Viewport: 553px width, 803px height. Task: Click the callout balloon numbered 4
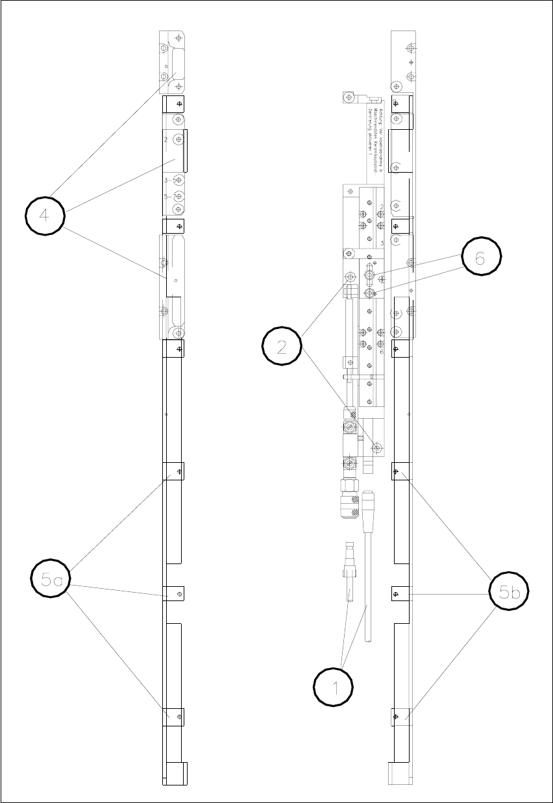[x=45, y=216]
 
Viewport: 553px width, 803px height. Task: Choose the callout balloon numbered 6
[x=480, y=258]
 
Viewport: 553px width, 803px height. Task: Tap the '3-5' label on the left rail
[x=171, y=180]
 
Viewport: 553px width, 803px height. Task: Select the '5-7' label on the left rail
[x=171, y=196]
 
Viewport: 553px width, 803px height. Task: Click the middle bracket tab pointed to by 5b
[x=399, y=593]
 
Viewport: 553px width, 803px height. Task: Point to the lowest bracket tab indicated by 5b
[x=399, y=716]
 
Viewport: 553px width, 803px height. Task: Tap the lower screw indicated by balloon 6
[x=369, y=293]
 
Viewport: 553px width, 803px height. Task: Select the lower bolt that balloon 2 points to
[x=377, y=448]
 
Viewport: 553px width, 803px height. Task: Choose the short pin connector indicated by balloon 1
[x=349, y=571]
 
